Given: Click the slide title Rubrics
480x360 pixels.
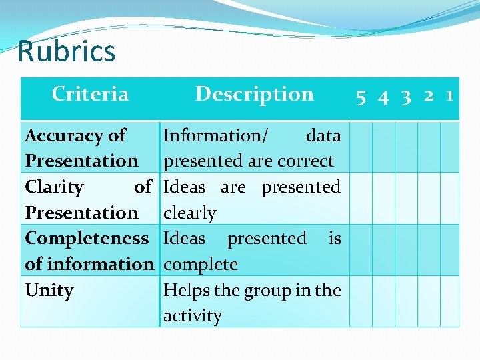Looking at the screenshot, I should tap(67, 51).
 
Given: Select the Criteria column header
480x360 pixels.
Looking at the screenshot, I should tap(90, 94).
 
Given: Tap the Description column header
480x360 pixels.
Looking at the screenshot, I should tap(254, 94).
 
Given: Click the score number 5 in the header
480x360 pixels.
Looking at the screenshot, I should tap(361, 97).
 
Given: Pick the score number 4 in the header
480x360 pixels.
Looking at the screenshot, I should tap(383, 97).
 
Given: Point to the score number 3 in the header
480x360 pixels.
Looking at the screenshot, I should tap(406, 97).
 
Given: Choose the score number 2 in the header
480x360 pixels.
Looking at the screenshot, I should tap(429, 96).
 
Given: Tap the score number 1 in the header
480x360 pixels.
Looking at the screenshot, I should tap(450, 96).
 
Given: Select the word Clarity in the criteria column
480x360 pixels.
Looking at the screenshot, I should tap(54, 187).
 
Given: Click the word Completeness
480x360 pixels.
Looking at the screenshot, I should tap(87, 238).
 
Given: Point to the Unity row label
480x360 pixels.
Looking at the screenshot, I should tap(49, 291).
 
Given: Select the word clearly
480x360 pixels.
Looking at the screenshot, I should tap(190, 213).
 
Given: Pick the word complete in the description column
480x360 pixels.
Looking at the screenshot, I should tap(201, 265).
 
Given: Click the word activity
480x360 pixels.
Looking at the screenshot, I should tap(193, 315).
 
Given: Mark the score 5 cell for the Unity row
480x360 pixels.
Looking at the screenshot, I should tap(361, 301).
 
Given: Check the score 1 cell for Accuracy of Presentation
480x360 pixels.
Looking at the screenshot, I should tap(450, 147).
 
